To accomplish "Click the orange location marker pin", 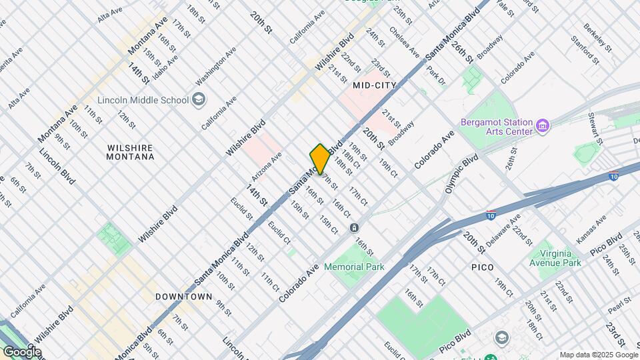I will (320, 159).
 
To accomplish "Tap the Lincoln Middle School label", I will (143, 101).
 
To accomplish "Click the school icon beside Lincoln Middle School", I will (199, 100).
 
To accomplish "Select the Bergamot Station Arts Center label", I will (497, 127).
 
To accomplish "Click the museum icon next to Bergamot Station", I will (544, 125).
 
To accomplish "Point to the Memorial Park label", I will (354, 267).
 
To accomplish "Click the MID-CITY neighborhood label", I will (374, 85).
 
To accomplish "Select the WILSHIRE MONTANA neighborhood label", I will (130, 152).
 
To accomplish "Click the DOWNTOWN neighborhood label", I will (183, 296).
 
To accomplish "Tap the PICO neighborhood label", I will (482, 267).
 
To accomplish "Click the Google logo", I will (21, 352).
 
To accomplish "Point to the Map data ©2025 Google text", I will (598, 355).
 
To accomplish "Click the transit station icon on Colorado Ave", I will (354, 229).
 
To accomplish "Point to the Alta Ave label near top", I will (110, 14).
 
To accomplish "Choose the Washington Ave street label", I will (217, 67).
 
